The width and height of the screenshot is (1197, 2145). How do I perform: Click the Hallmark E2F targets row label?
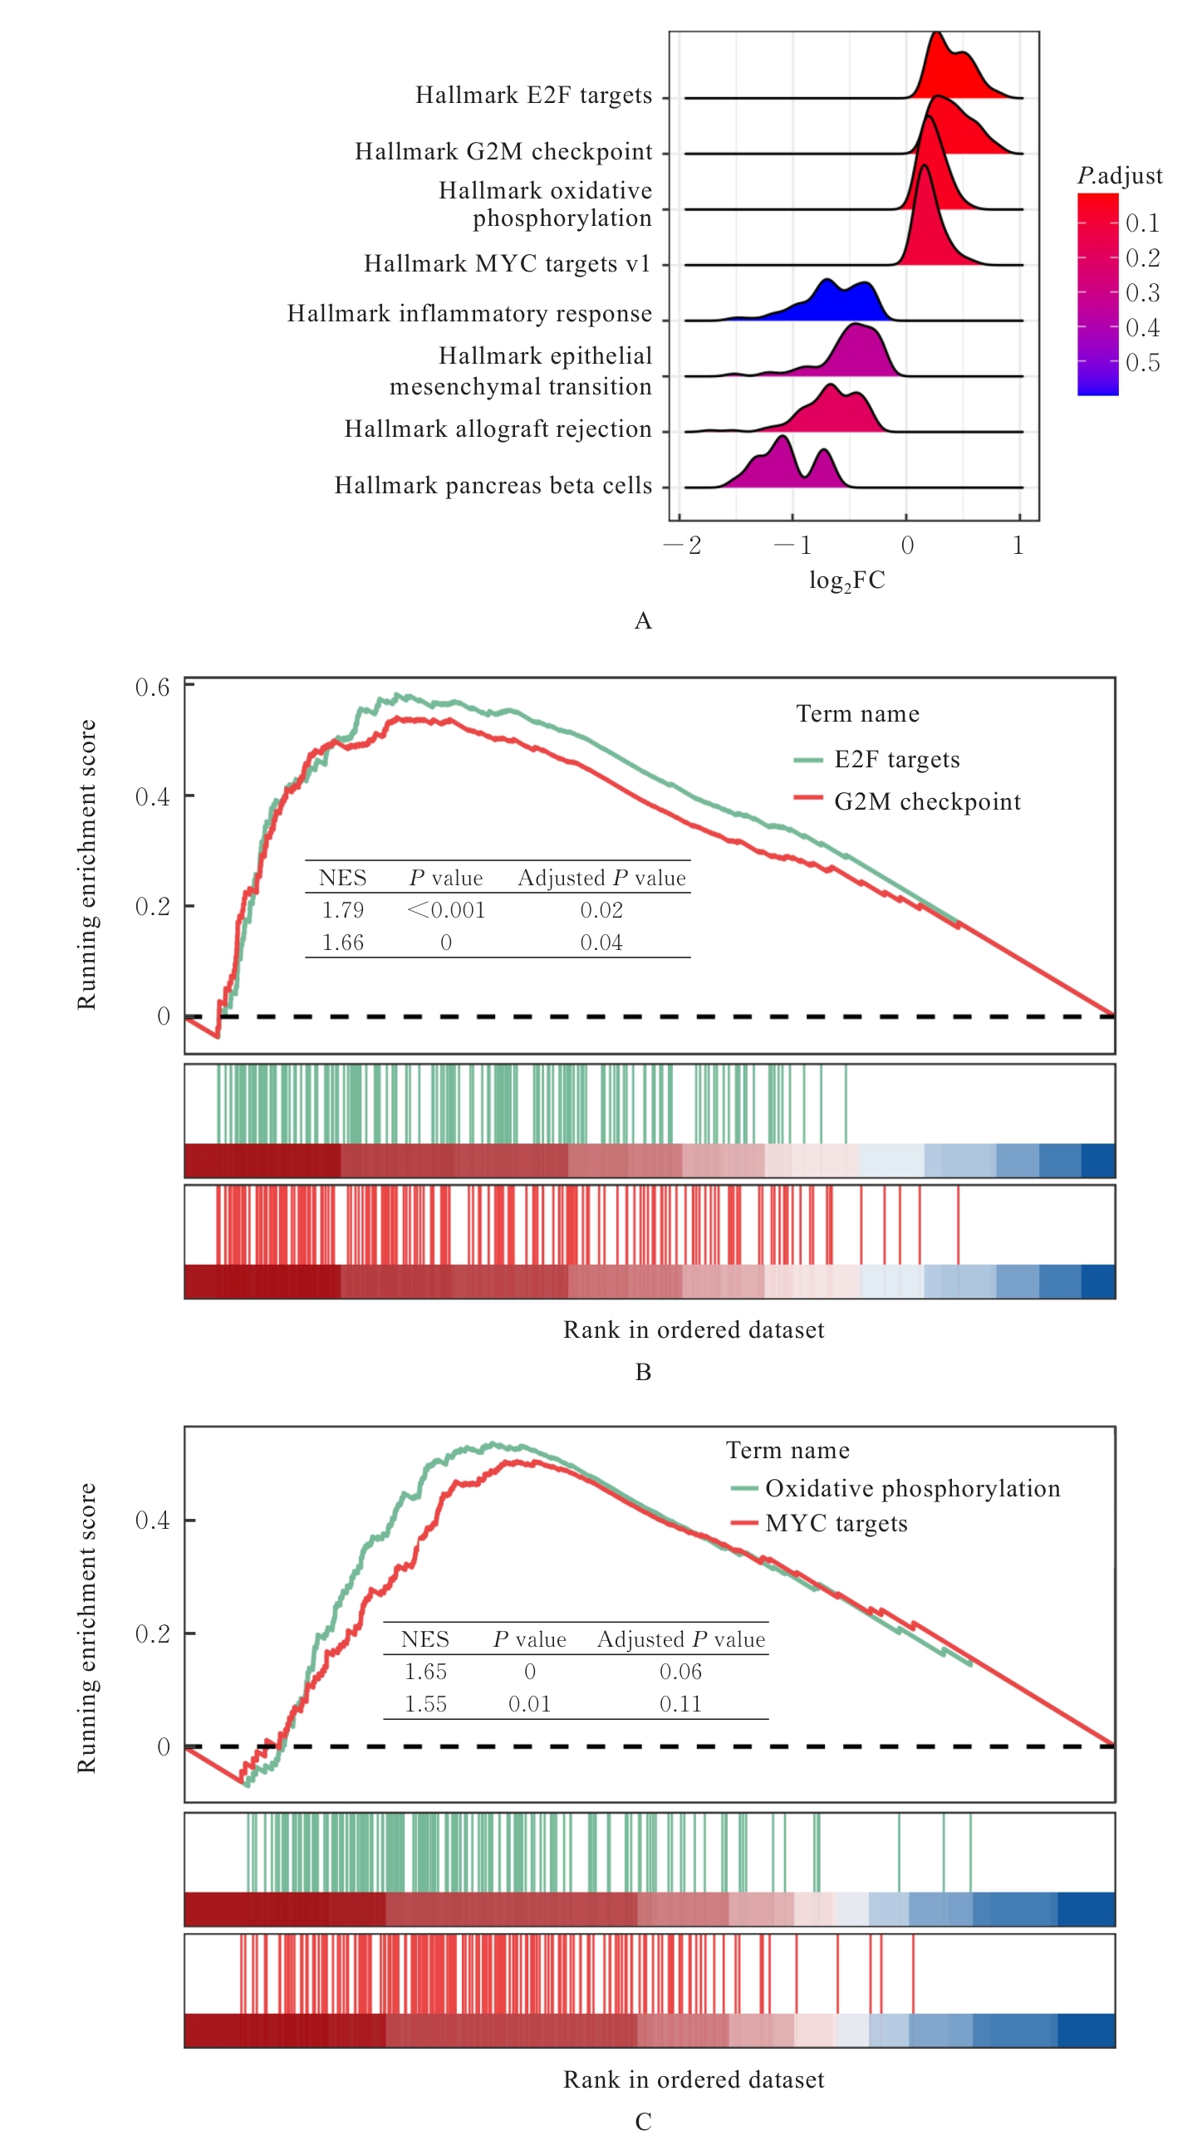pyautogui.click(x=533, y=95)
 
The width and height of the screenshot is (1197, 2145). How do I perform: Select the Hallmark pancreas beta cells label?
pyautogui.click(x=493, y=486)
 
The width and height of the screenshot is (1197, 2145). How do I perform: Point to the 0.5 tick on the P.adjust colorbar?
pyautogui.click(x=1142, y=363)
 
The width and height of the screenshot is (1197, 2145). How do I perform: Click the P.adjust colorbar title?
pyautogui.click(x=1119, y=176)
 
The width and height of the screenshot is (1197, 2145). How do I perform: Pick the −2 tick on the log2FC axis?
pyautogui.click(x=683, y=546)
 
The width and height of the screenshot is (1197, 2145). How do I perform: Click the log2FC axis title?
pyautogui.click(x=846, y=580)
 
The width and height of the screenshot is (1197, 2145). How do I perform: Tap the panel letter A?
pyautogui.click(x=642, y=621)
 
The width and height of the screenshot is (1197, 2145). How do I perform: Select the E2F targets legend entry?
pyautogui.click(x=896, y=759)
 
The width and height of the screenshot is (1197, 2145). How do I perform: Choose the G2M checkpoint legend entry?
pyautogui.click(x=926, y=802)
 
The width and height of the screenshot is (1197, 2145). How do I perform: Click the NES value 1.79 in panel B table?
pyautogui.click(x=342, y=910)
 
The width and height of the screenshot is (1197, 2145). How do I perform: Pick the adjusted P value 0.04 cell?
pyautogui.click(x=601, y=943)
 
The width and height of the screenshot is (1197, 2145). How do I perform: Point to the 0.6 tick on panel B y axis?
pyautogui.click(x=153, y=687)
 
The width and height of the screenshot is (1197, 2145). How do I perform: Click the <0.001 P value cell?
pyautogui.click(x=445, y=910)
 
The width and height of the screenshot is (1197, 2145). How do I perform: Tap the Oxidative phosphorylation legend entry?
pyautogui.click(x=912, y=1489)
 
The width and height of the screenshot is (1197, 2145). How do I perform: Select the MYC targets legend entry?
pyautogui.click(x=836, y=1524)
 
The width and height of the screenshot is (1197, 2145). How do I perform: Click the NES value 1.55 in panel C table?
pyautogui.click(x=424, y=1705)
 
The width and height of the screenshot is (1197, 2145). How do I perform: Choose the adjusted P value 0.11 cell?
pyautogui.click(x=679, y=1705)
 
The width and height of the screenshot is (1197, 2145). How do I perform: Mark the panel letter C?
pyautogui.click(x=642, y=2122)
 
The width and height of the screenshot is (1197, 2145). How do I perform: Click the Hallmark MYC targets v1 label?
pyautogui.click(x=507, y=264)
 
